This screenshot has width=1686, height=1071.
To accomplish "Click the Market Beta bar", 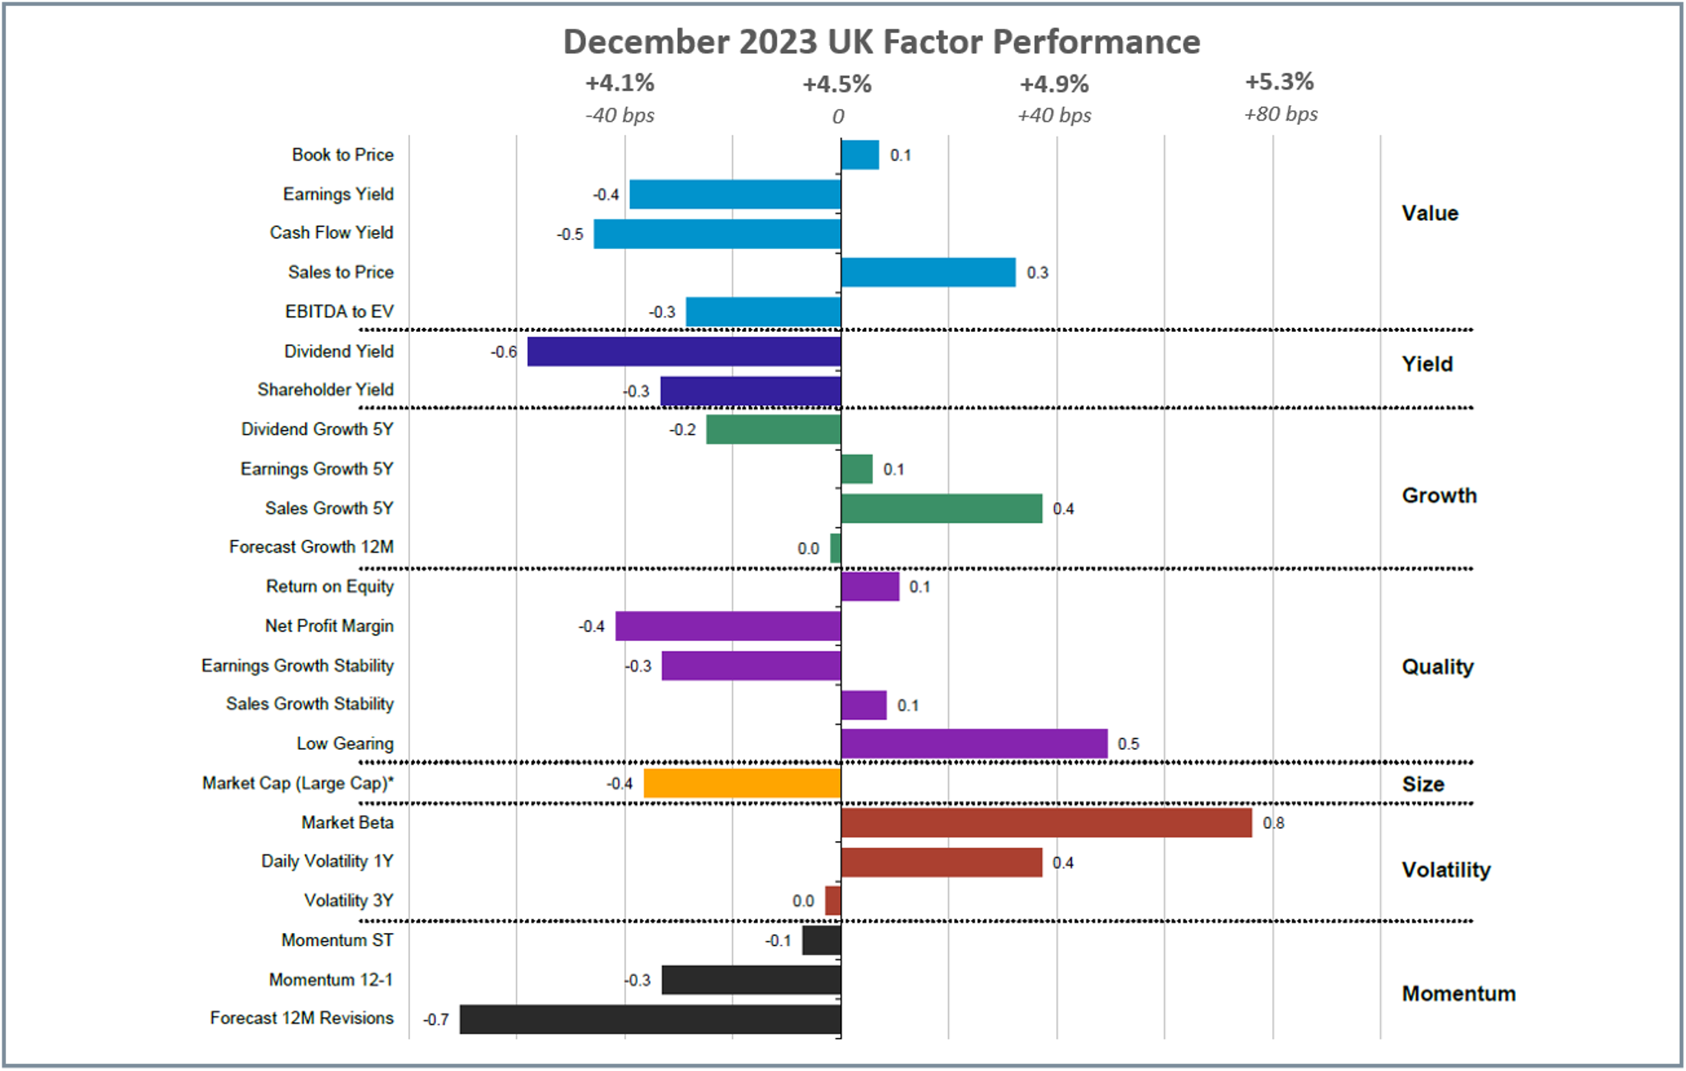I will pos(1046,823).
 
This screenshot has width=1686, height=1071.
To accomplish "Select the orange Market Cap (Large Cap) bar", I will pos(742,784).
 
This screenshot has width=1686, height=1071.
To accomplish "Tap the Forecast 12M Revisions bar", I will pos(650,1019).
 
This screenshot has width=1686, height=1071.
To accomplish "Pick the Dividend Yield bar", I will pos(684,351).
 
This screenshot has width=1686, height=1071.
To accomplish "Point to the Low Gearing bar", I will pos(974,744).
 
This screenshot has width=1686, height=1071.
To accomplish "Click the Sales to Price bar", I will pos(928,272).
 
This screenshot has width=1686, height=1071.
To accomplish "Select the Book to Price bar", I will pos(860,155).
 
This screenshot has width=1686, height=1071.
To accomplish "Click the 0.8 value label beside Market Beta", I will pos(1274,823).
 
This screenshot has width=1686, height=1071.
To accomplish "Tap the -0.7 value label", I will pos(436,1020).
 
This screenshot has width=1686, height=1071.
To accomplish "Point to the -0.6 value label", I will pos(504,352).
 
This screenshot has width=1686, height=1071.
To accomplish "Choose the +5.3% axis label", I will pos(1279,81).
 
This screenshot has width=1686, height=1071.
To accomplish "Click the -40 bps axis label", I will pos(619,116).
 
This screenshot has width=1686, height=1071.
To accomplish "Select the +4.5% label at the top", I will pos(837,84).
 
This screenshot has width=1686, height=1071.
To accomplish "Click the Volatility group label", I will pos(1446,870).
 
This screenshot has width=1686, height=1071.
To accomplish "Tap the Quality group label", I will pos(1438,667).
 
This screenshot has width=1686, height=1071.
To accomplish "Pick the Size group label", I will pos(1423,784).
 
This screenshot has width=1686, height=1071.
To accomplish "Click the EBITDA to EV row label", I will pos(339,311).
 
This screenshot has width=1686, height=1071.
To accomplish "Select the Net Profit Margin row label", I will pos(329,626).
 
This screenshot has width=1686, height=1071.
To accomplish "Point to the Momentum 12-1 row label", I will pos(330,980).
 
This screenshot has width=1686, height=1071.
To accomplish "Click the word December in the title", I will pos(645,42).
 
